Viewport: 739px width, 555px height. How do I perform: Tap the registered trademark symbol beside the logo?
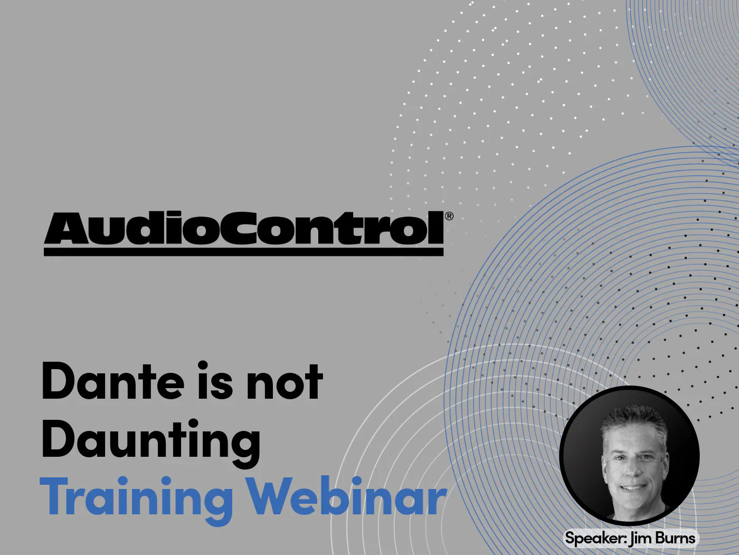(449, 216)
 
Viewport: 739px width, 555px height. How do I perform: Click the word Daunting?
(151, 441)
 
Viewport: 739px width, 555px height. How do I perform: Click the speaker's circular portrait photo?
(630, 456)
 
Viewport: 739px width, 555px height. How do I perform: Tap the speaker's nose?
(634, 467)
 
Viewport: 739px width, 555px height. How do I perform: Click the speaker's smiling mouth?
(634, 487)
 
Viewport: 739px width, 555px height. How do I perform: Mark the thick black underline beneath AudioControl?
(243, 252)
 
